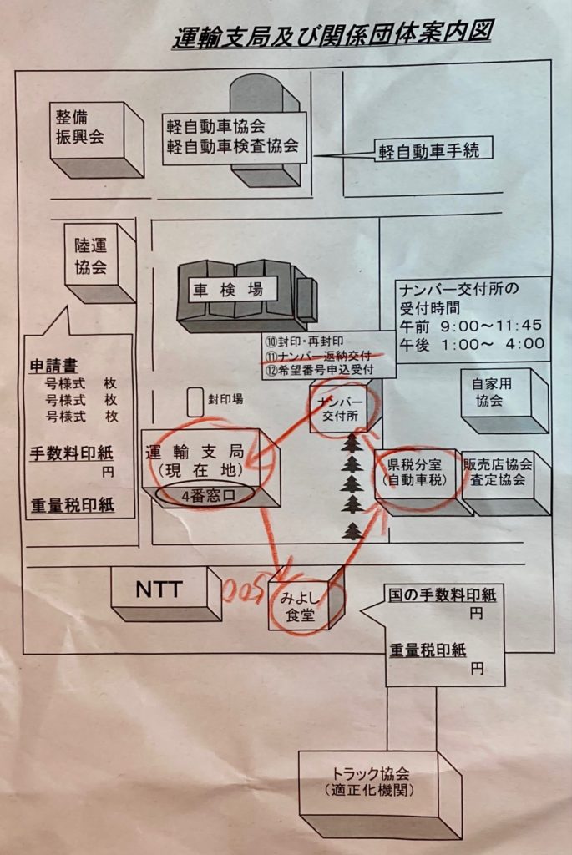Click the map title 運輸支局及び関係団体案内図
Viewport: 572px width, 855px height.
coord(332,36)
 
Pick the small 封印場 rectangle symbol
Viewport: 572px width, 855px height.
coord(195,401)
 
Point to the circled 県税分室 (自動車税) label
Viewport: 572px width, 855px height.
coord(417,472)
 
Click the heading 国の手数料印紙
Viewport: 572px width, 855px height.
coord(442,595)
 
